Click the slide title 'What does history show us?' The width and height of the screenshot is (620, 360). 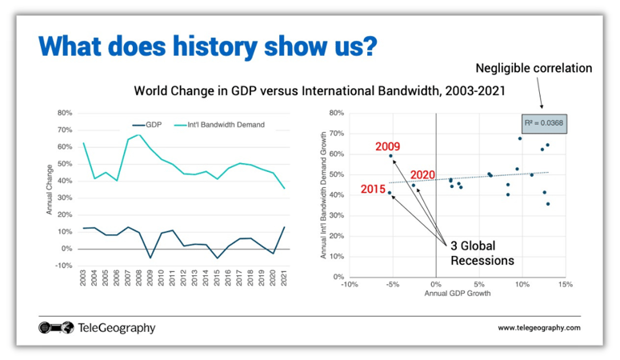pos(207,46)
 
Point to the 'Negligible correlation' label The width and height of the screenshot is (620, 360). pos(534,68)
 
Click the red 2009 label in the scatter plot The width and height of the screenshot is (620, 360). pos(388,146)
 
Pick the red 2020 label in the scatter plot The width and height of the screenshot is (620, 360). pos(422,174)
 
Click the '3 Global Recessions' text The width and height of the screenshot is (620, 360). pos(480,253)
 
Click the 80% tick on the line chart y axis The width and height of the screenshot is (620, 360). pos(65,113)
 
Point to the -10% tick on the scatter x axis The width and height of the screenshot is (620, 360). pos(349,284)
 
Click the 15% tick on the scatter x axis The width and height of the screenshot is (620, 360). pos(565,284)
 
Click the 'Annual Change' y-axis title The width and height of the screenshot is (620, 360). pos(50,189)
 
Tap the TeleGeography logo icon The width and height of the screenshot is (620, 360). pos(55,327)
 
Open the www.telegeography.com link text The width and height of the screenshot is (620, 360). pos(538,328)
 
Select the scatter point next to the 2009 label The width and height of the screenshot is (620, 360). pos(391,156)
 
